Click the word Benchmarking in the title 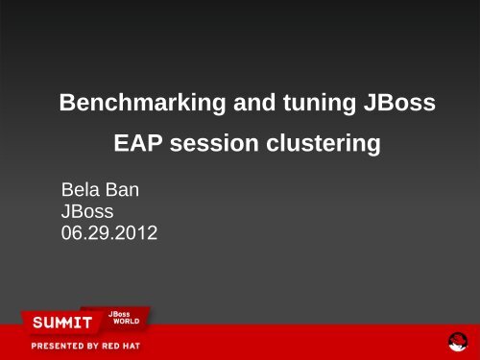[x=142, y=104]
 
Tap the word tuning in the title [x=320, y=104]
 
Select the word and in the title [x=254, y=103]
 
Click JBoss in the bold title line [x=399, y=103]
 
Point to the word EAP [x=138, y=143]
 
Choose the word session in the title [x=214, y=143]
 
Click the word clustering [x=324, y=144]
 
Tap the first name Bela [x=81, y=189]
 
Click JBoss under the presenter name [x=87, y=211]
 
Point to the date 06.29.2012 [x=109, y=232]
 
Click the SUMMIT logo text [x=62, y=323]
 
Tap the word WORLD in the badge [x=127, y=321]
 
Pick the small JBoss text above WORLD [x=119, y=314]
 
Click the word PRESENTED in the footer [x=55, y=346]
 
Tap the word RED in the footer [x=110, y=346]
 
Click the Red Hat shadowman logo [x=458, y=342]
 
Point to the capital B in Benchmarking [x=67, y=103]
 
